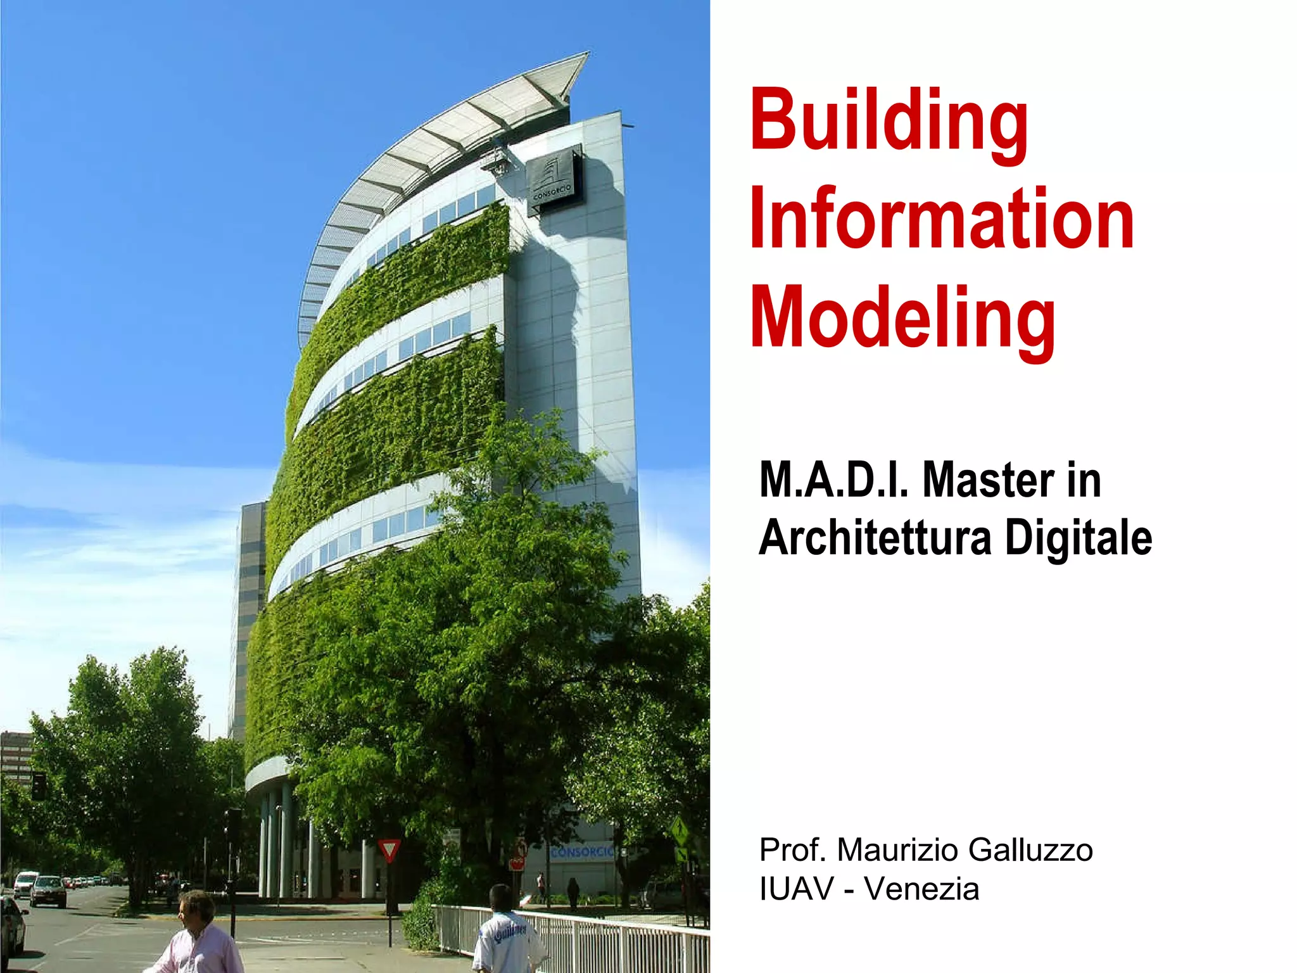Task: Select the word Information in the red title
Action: pyautogui.click(x=942, y=219)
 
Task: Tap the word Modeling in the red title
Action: pyautogui.click(x=902, y=319)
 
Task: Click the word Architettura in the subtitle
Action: pyautogui.click(x=875, y=538)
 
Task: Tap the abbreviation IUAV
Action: pyautogui.click(x=797, y=889)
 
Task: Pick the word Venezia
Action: pyautogui.click(x=921, y=889)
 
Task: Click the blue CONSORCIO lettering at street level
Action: pyautogui.click(x=581, y=853)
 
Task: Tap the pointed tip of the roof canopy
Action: pyautogui.click(x=586, y=55)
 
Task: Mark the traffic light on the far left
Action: pyautogui.click(x=39, y=786)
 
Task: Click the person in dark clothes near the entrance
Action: pyautogui.click(x=573, y=893)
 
